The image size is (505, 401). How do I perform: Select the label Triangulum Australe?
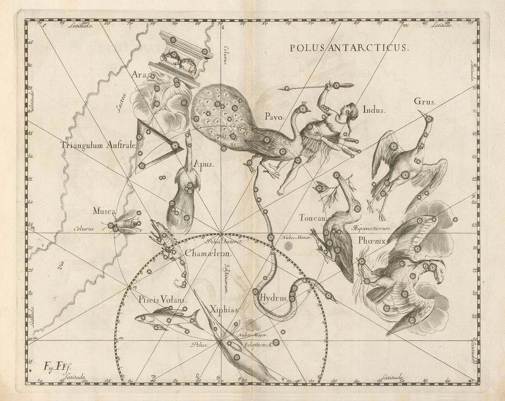[x=98, y=146]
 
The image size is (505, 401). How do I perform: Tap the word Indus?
[x=374, y=110]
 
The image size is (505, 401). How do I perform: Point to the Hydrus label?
[x=273, y=297]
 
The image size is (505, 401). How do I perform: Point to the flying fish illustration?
[x=166, y=317]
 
